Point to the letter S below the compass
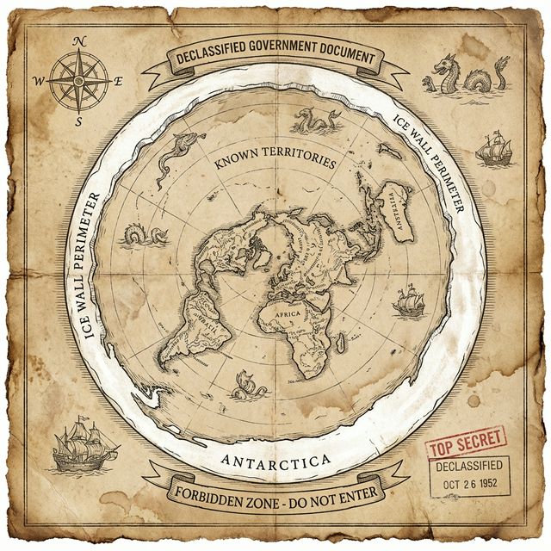[x=79, y=121]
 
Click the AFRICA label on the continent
[x=287, y=316]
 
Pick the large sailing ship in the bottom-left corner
[x=84, y=449]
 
